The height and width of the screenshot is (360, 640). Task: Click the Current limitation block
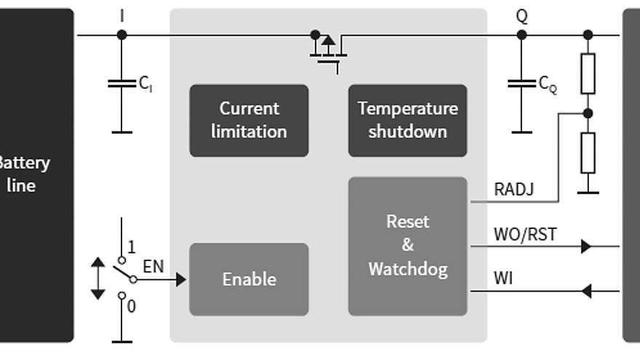(x=249, y=120)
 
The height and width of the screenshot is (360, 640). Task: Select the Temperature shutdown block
(x=407, y=120)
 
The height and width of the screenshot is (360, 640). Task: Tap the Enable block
(x=249, y=279)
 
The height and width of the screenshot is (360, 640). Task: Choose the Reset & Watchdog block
(x=407, y=246)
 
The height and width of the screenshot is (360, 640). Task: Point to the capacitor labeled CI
(x=121, y=84)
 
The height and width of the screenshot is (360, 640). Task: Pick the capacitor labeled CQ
(x=521, y=84)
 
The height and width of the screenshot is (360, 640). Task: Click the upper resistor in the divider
(x=588, y=73)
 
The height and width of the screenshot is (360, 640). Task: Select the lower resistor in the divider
(x=588, y=152)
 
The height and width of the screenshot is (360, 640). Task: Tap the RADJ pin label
(x=513, y=190)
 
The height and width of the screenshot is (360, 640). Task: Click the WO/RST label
(x=525, y=235)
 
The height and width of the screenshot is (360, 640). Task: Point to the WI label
(x=503, y=278)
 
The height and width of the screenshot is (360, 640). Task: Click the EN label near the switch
(x=153, y=267)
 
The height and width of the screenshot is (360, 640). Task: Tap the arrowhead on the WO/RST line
(x=586, y=247)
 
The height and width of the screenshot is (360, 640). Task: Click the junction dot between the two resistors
(x=588, y=113)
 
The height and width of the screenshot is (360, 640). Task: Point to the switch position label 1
(x=131, y=248)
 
